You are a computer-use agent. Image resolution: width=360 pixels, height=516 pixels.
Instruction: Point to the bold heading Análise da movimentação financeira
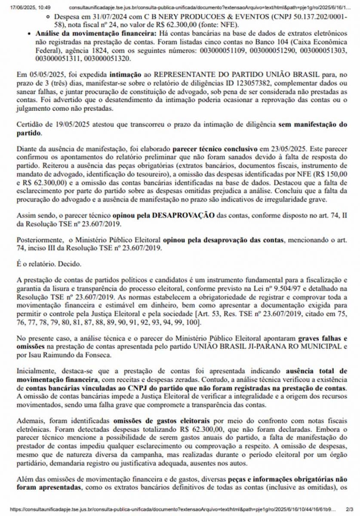point(94,33)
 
